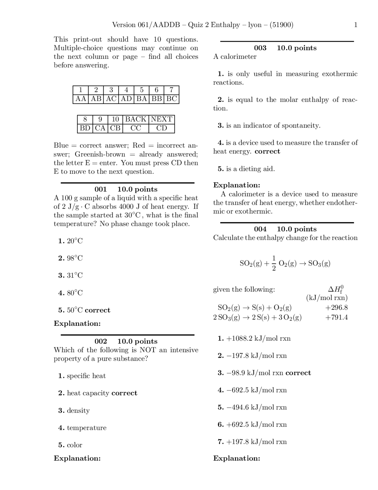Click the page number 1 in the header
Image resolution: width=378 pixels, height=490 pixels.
coord(356,25)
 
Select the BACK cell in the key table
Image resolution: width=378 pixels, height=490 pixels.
coord(136,119)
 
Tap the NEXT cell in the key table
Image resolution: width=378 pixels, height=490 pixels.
coord(162,119)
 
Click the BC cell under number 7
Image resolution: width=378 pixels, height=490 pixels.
coord(172,99)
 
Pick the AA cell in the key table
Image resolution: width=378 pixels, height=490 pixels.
coord(81,99)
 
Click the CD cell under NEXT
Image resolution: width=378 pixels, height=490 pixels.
coord(162,128)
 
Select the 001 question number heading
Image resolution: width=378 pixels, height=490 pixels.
coord(100,189)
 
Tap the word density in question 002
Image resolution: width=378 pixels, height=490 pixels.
coord(78,410)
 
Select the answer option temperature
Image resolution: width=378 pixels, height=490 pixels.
coord(87,428)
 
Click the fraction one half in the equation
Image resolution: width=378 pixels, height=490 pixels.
coord(274,263)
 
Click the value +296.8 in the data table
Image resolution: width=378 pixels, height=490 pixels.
coord(336,307)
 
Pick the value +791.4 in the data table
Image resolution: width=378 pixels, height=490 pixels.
coord(336,317)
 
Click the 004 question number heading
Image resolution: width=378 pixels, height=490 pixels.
coord(260,229)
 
